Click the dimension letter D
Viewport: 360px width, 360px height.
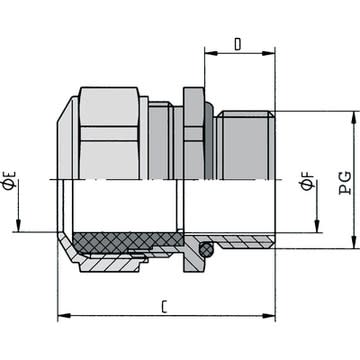tap(237, 45)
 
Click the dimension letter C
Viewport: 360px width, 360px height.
tap(164, 307)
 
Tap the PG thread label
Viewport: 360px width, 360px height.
tap(345, 183)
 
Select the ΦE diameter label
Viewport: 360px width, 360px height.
tap(10, 180)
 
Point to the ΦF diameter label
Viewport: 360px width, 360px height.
tap(307, 181)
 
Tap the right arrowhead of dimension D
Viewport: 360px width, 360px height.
tap(268, 53)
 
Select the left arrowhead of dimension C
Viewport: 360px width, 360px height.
tap(64, 316)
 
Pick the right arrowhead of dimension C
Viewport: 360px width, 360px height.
tap(269, 316)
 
